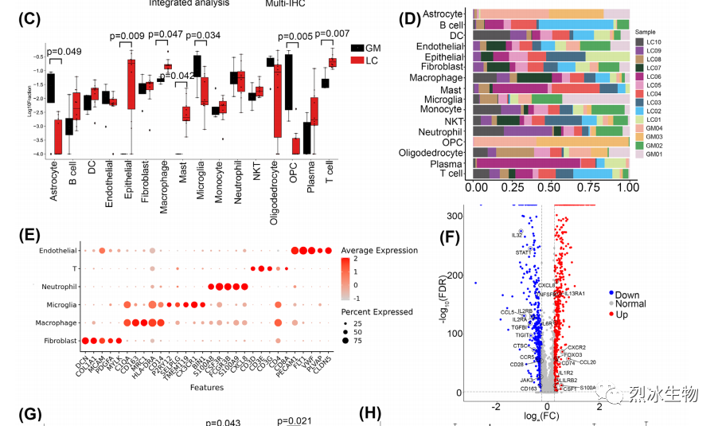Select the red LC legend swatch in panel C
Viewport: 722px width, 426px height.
click(x=357, y=61)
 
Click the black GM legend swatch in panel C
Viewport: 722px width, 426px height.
click(x=357, y=49)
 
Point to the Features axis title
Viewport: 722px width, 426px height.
click(x=205, y=387)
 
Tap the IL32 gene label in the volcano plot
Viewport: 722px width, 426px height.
click(x=517, y=235)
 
